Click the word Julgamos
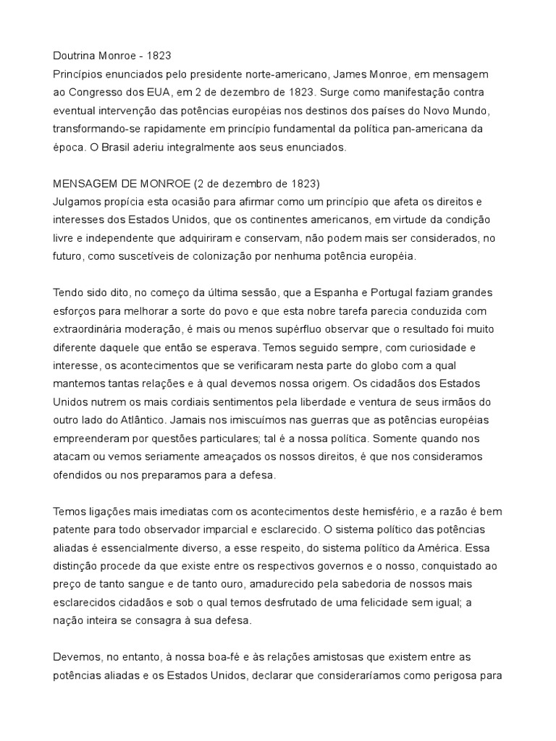(x=77, y=202)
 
